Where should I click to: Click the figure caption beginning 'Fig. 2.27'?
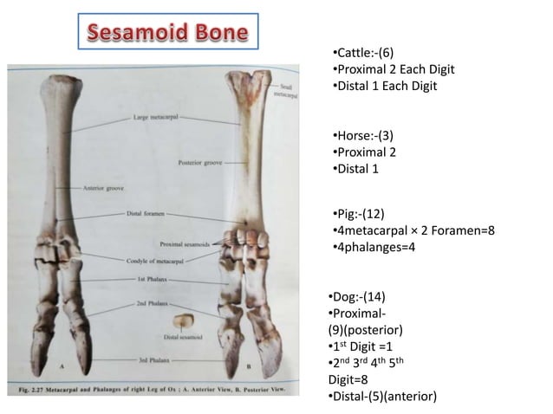(165, 391)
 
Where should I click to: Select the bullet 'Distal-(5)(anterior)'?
(381, 396)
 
